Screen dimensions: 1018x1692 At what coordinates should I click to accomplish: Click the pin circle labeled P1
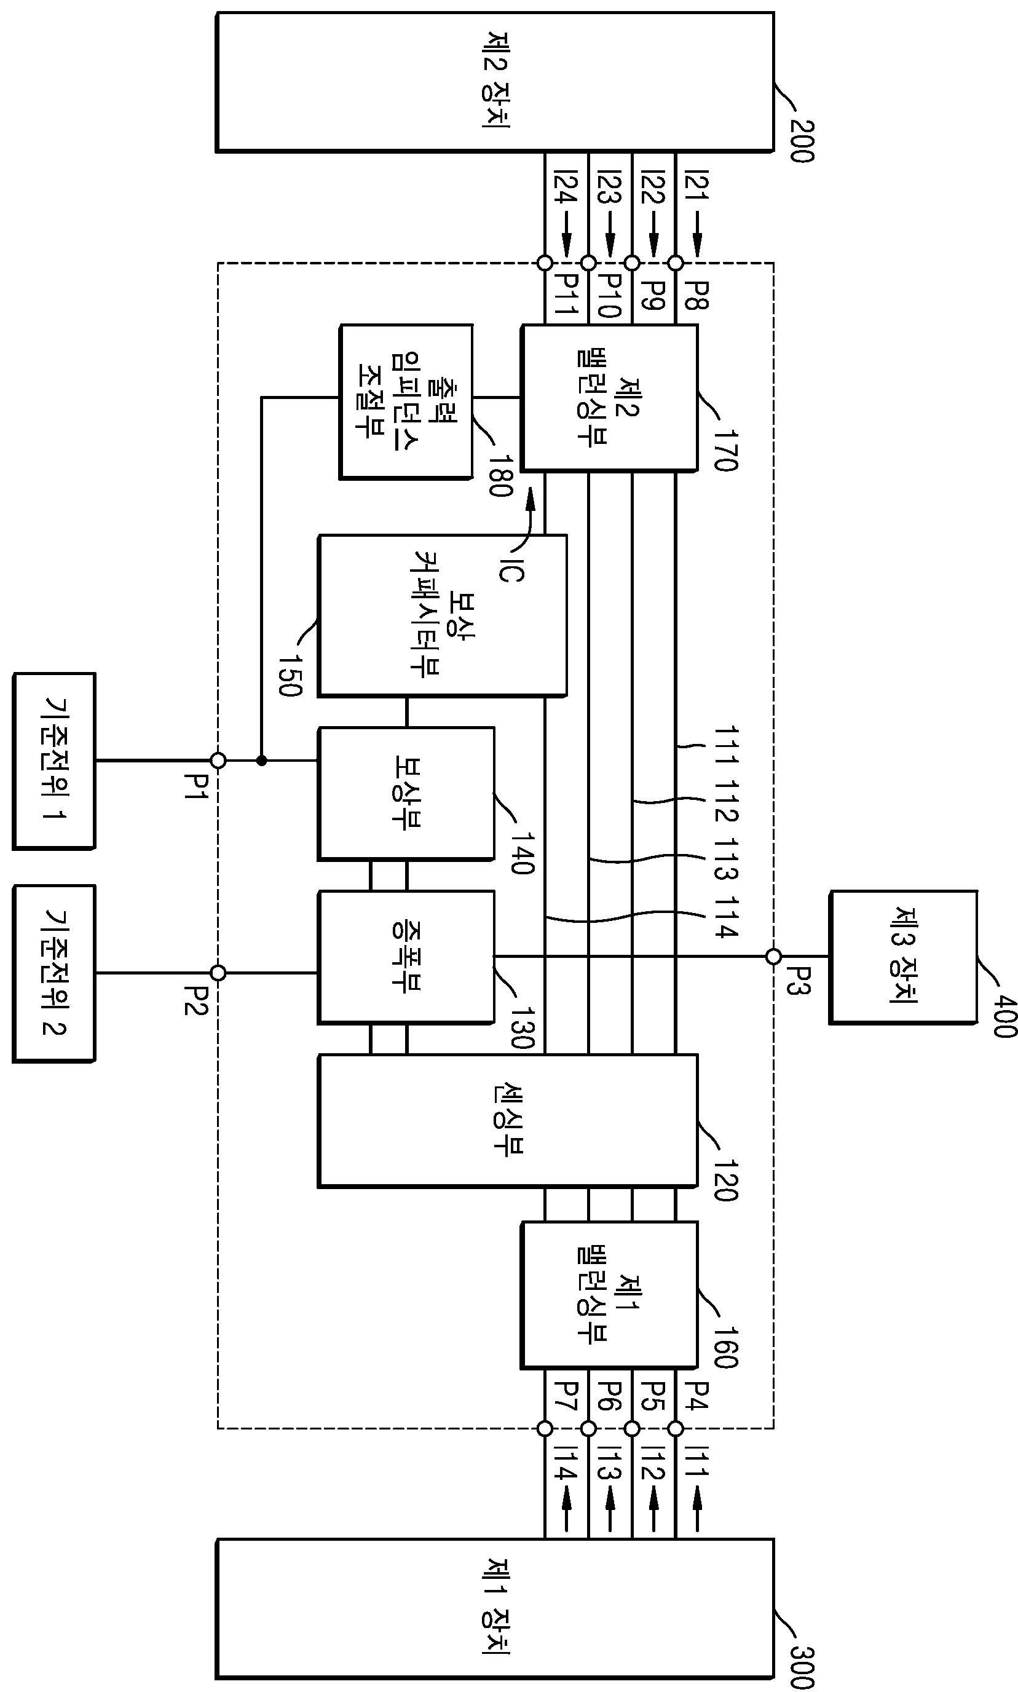(218, 761)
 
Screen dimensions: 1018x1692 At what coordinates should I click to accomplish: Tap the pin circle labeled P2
(218, 972)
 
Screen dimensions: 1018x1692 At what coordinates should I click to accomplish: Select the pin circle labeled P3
(773, 956)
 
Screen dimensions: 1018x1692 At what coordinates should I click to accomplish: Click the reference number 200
(802, 141)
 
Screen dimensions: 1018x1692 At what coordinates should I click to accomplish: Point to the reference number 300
(802, 1667)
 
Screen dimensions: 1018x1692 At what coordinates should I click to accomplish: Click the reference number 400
(1005, 1016)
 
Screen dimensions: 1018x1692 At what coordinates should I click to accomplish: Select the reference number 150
(290, 675)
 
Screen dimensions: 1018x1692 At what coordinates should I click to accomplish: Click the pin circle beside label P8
(676, 263)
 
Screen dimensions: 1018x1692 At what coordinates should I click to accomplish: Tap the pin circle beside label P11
(545, 263)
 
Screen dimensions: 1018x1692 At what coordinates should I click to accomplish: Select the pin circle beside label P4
(676, 1428)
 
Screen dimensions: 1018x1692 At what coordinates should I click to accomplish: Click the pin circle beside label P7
(545, 1428)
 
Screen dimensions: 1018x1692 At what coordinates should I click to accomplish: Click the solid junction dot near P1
(261, 761)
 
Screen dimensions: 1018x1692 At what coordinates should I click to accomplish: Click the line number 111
(727, 746)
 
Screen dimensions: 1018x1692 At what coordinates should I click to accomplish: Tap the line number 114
(727, 917)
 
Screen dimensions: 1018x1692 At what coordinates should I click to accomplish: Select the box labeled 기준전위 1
(54, 761)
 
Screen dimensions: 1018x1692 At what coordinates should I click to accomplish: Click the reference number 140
(522, 853)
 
